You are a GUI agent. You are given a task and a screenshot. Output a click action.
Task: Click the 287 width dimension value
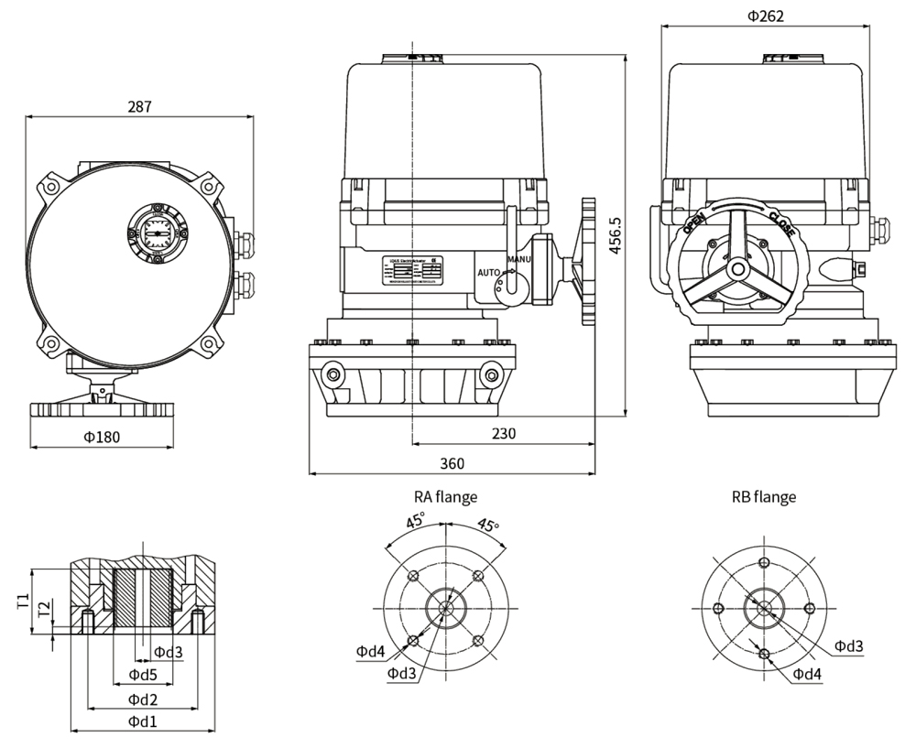click(x=138, y=106)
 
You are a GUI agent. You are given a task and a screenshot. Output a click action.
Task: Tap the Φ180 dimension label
click(x=101, y=437)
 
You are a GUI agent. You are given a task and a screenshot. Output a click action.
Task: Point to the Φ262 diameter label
click(x=765, y=16)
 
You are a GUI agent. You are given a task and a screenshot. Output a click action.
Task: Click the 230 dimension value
click(x=503, y=432)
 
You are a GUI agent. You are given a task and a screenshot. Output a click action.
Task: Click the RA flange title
click(x=445, y=497)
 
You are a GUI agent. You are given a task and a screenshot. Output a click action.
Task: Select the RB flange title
click(x=763, y=497)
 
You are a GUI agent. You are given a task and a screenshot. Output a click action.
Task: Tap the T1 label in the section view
click(x=22, y=602)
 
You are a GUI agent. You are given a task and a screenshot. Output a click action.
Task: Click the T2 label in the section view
click(x=43, y=610)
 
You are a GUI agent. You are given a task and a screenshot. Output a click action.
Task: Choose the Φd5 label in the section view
click(x=142, y=675)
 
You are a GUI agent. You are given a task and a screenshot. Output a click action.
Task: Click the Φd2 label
click(x=142, y=699)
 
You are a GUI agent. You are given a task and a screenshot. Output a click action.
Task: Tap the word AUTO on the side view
click(x=488, y=273)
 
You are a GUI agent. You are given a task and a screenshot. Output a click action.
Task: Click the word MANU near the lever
click(x=519, y=260)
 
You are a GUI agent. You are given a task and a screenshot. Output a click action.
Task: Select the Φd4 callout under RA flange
click(x=371, y=651)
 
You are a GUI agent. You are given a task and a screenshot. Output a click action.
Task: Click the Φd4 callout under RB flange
click(x=807, y=674)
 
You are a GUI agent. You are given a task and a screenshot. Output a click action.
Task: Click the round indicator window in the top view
click(x=157, y=229)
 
